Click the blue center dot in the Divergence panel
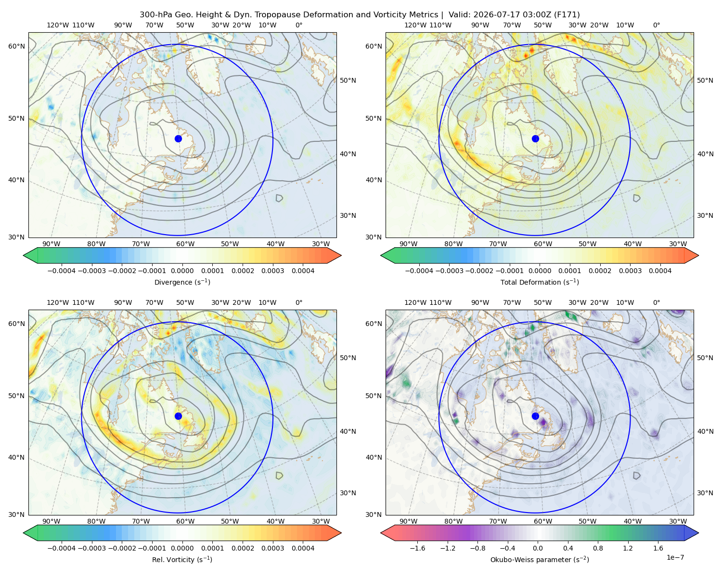pyautogui.click(x=178, y=138)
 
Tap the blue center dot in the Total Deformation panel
pyautogui.click(x=535, y=138)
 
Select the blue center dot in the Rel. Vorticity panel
pyautogui.click(x=178, y=416)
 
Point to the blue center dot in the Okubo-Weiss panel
pyautogui.click(x=535, y=416)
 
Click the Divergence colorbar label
pyautogui.click(x=182, y=282)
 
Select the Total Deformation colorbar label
pyautogui.click(x=540, y=282)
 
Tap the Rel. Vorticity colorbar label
pyautogui.click(x=182, y=559)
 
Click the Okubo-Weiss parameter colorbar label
pyautogui.click(x=540, y=559)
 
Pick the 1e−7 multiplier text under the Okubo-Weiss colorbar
pyautogui.click(x=675, y=557)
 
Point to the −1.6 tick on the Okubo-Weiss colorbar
pyautogui.click(x=417, y=548)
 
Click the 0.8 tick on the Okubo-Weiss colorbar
pyautogui.click(x=598, y=548)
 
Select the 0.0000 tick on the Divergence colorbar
pyautogui.click(x=182, y=271)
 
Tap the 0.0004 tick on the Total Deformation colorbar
pyautogui.click(x=660, y=271)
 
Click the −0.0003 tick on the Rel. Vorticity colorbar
pyautogui.click(x=91, y=548)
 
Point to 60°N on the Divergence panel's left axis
pyautogui.click(x=16, y=46)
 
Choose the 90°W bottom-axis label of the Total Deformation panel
pyautogui.click(x=408, y=244)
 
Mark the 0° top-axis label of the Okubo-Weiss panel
pyautogui.click(x=656, y=302)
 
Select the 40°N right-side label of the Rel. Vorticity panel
pyautogui.click(x=348, y=431)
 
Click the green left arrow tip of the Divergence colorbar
pyautogui.click(x=24, y=255)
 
